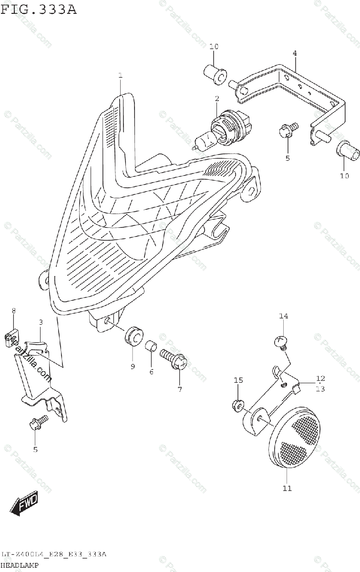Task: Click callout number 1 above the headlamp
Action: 121,76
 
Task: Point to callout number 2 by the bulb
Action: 216,99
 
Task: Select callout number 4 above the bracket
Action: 295,53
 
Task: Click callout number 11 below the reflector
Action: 287,488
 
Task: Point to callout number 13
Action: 320,388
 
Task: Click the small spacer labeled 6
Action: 151,346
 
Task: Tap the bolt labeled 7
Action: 175,359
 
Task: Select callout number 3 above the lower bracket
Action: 41,323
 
